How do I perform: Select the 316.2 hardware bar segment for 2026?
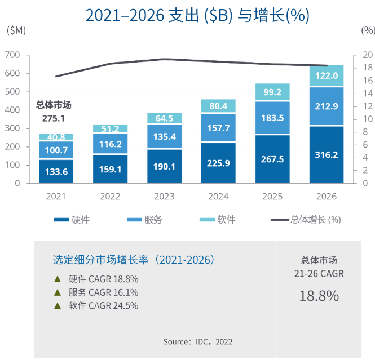click(327, 155)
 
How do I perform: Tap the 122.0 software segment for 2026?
click(327, 75)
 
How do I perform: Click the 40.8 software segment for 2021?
click(56, 137)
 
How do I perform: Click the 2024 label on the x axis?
click(218, 197)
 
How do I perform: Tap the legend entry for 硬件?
click(70, 220)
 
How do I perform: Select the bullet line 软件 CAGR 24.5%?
click(103, 306)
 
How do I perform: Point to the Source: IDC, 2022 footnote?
click(197, 341)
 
